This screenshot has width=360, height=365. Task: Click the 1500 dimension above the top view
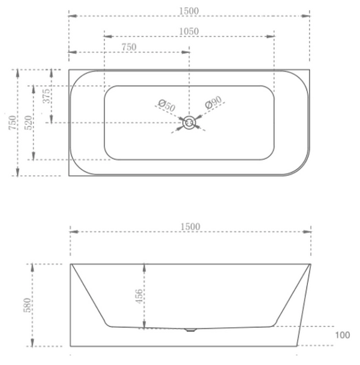click(189, 11)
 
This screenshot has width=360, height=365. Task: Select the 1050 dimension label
click(189, 31)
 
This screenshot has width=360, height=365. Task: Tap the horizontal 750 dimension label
click(129, 47)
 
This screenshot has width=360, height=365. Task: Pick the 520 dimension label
click(28, 123)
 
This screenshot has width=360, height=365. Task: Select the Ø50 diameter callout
click(166, 106)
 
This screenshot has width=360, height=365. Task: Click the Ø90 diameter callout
click(214, 103)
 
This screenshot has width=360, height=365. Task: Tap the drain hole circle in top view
click(189, 123)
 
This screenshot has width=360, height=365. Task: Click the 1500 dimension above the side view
click(190, 226)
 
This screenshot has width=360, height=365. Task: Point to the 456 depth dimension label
click(138, 297)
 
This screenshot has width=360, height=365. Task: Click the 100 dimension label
click(342, 336)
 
